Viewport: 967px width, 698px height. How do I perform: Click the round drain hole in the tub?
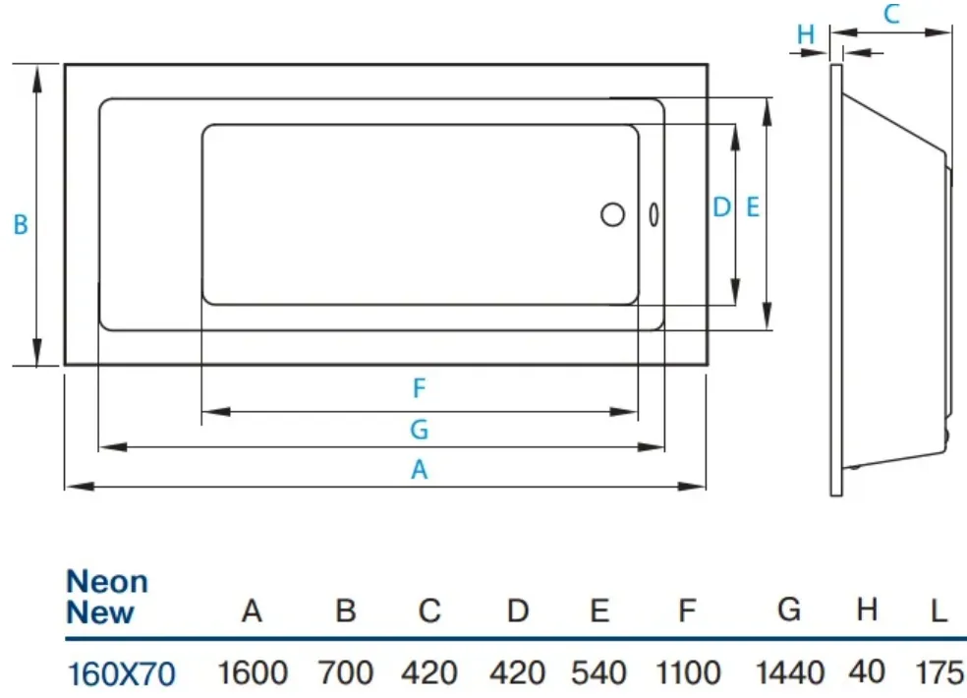pos(612,214)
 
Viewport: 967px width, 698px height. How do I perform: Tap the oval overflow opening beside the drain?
pos(654,214)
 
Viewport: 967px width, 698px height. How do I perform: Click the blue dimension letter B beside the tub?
pos(21,225)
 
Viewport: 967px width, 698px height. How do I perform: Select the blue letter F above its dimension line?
pos(420,388)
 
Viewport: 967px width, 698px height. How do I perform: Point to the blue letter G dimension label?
pos(420,429)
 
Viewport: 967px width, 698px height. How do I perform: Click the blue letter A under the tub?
pos(420,470)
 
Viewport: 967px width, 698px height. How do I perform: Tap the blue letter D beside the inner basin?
pos(721,207)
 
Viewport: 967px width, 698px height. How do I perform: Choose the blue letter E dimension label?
pos(753,207)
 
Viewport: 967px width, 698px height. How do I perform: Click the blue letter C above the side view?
pos(891,14)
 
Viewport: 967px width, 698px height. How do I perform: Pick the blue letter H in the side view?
pos(806,34)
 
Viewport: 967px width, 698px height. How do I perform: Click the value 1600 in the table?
pos(253,672)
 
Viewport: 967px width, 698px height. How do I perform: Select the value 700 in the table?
pos(345,672)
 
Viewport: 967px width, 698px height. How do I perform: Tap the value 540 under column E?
pos(598,672)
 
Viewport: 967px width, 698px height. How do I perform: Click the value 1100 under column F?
pos(688,672)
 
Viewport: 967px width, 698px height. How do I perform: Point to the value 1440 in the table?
pos(790,672)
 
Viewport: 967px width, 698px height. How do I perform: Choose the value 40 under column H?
pos(867,671)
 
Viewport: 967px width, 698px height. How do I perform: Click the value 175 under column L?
pos(939,672)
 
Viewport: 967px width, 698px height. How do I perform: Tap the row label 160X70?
pos(121,674)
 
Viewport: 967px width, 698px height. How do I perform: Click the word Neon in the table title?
pos(107,581)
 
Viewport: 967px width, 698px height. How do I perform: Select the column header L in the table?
pos(939,611)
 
